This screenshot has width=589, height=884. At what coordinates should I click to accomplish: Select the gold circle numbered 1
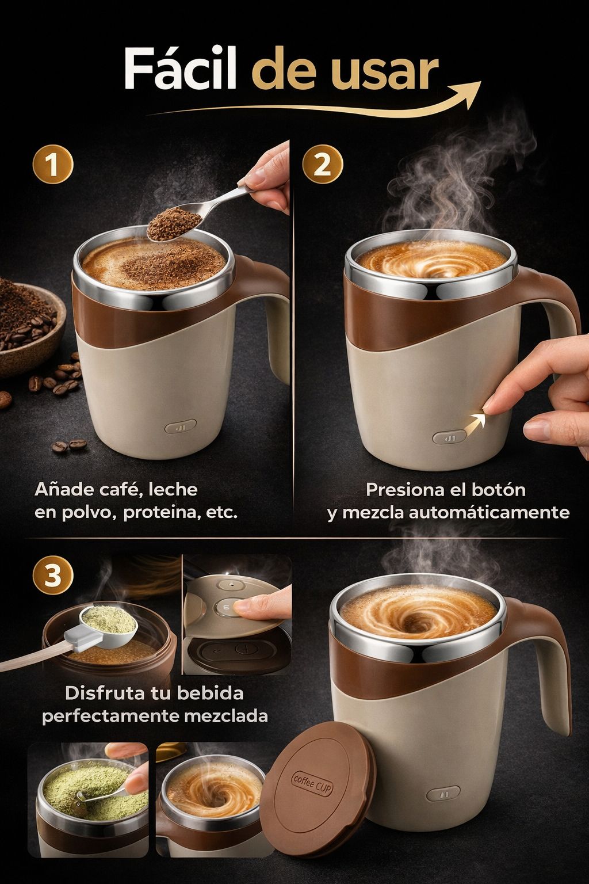53,166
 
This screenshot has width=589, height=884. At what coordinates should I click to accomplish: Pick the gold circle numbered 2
323,166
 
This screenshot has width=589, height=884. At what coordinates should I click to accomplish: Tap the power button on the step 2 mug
450,438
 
